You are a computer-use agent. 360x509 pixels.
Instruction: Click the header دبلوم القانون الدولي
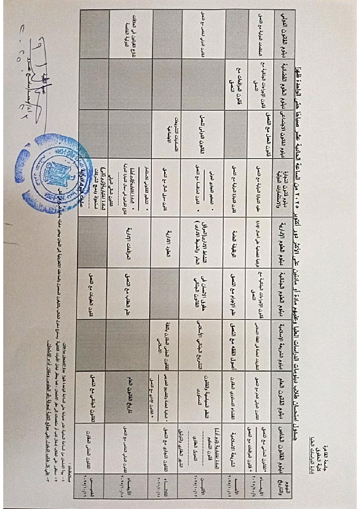pyautogui.click(x=281, y=34)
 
